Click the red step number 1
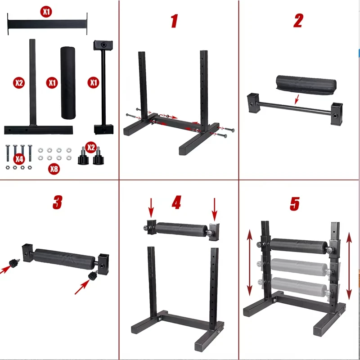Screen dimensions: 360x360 (x=175, y=21)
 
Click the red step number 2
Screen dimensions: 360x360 (x=298, y=20)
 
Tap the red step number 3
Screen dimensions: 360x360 (x=58, y=202)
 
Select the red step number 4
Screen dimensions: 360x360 (x=176, y=202)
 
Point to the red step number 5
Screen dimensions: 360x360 (x=295, y=204)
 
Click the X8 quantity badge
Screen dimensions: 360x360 (x=54, y=169)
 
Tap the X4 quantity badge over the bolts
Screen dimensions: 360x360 (x=19, y=159)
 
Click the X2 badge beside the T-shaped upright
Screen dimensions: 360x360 (x=19, y=83)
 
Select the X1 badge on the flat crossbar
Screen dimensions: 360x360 (x=46, y=12)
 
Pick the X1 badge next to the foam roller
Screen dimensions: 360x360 (x=52, y=83)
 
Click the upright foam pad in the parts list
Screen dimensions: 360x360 (x=68, y=83)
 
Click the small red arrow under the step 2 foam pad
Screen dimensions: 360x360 (x=297, y=99)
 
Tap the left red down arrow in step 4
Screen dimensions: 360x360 (x=151, y=208)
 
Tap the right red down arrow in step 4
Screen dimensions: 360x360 (x=215, y=210)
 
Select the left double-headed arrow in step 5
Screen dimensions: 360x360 (x=250, y=262)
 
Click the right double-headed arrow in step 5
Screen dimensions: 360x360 (x=349, y=266)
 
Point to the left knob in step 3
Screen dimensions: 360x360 (x=14, y=263)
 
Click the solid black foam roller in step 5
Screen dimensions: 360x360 (x=299, y=246)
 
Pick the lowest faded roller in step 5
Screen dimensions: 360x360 (x=299, y=287)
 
